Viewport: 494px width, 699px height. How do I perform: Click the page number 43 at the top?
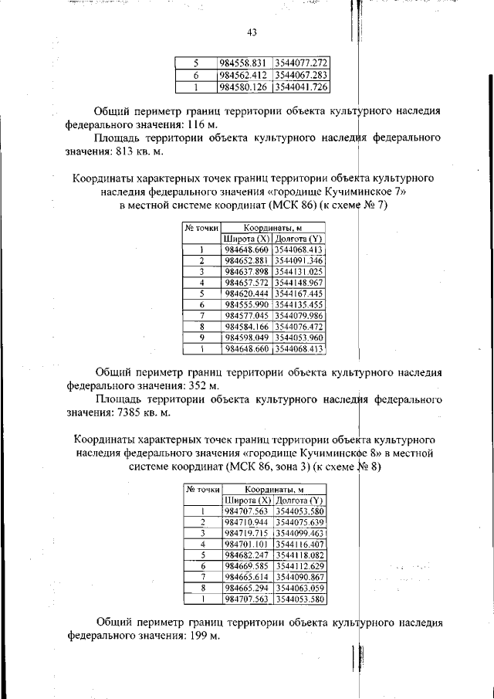[x=252, y=32]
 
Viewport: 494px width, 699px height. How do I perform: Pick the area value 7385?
[x=122, y=412]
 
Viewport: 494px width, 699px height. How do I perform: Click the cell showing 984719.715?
[x=246, y=533]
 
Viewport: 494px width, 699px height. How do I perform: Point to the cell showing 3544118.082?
[x=300, y=555]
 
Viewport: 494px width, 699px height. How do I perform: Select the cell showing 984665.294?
[x=246, y=588]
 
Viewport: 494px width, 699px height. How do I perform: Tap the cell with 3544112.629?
[x=300, y=566]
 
